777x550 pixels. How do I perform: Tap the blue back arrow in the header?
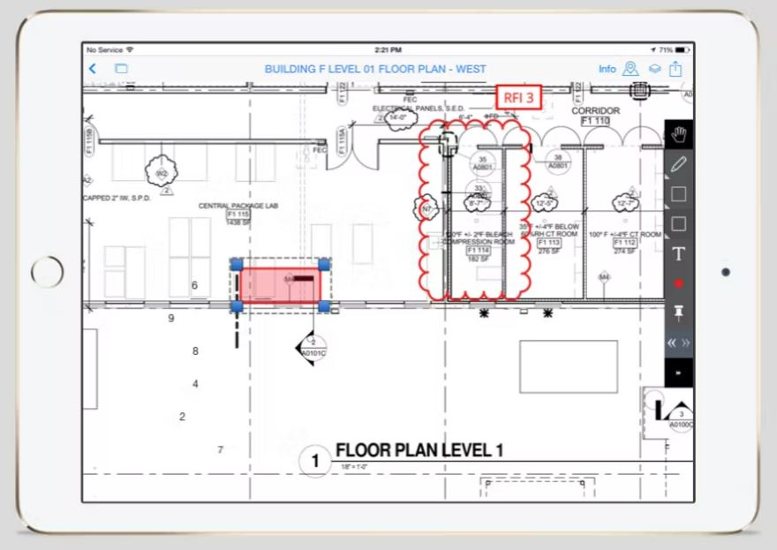[93, 69]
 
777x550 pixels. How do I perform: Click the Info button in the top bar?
[607, 69]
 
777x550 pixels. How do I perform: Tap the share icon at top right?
[675, 69]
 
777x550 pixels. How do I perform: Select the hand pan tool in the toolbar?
[678, 134]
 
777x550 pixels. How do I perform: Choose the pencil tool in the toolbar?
[678, 164]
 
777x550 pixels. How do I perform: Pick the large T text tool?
[678, 254]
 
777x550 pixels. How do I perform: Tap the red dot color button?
[678, 283]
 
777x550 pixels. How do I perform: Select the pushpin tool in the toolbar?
[678, 313]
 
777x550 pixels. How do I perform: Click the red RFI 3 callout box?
[518, 98]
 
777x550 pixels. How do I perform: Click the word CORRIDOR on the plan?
[596, 110]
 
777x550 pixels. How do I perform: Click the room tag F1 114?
[478, 250]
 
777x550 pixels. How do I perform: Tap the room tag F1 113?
[549, 242]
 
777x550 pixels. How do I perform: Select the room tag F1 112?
[624, 242]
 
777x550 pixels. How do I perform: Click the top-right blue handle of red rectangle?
[324, 264]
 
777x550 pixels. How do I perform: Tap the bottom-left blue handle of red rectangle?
[237, 306]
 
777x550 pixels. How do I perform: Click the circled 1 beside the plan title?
[313, 460]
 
